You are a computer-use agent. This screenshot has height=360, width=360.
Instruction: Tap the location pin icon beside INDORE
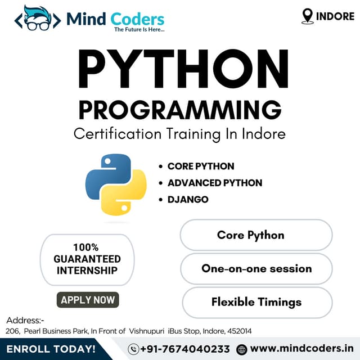pos(307,16)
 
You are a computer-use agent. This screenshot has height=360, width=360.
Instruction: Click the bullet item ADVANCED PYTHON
pos(214,183)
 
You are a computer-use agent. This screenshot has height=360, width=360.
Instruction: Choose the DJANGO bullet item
pos(188,199)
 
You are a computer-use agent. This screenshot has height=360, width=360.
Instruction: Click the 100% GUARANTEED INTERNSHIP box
pos(87,259)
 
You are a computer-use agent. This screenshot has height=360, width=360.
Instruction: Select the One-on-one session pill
pos(256,268)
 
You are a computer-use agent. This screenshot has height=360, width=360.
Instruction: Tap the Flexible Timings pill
pos(256,302)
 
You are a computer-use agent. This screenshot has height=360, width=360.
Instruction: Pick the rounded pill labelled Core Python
pos(256,235)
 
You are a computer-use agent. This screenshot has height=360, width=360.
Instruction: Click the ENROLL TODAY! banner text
pos(51,349)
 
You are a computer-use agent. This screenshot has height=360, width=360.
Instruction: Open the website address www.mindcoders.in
pos(302,349)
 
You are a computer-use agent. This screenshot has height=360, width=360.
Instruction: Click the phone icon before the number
pos(134,349)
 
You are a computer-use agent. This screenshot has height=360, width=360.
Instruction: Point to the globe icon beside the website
pos(242,349)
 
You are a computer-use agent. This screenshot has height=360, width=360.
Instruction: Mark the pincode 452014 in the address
pos(238,331)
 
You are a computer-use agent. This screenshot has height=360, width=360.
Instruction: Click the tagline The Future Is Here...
pos(139,29)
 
